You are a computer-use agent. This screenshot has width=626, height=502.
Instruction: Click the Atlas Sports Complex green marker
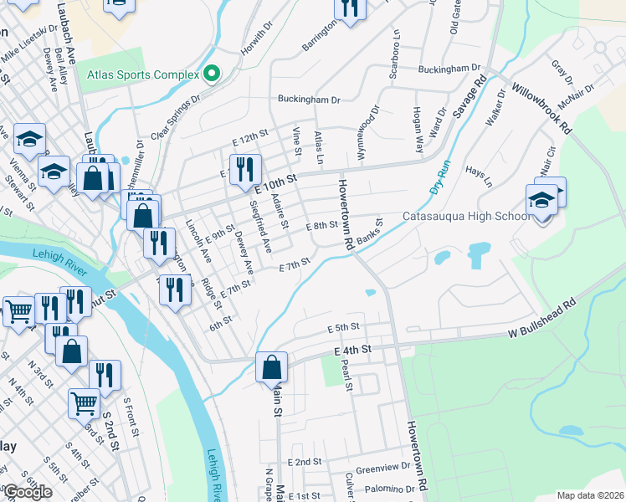tap(211, 74)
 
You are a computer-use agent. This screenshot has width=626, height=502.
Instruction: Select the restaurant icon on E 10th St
tap(245, 170)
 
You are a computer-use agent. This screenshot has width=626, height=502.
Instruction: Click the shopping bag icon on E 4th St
tap(271, 367)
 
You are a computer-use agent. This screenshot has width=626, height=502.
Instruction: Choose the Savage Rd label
tap(471, 104)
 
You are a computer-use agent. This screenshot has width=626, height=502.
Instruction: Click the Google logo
tap(27, 492)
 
